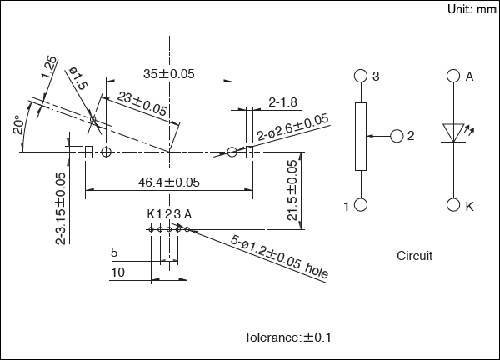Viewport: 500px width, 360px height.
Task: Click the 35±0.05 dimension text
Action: click(x=168, y=74)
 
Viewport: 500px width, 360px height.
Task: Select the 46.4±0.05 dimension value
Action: click(x=168, y=182)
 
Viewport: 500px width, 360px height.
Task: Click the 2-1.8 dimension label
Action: click(x=282, y=102)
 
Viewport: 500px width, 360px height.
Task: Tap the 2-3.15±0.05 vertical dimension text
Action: click(x=60, y=209)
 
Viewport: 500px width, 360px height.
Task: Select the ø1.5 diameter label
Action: click(x=77, y=82)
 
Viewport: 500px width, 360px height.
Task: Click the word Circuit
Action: click(x=414, y=256)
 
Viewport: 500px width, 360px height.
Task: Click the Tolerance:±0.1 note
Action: click(x=287, y=337)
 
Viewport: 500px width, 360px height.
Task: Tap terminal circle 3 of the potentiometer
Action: click(x=361, y=76)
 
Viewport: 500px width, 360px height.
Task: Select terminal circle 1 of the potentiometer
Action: click(x=361, y=205)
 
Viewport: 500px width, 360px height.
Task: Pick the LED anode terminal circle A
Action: click(x=453, y=76)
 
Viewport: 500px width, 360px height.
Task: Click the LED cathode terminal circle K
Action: click(x=453, y=205)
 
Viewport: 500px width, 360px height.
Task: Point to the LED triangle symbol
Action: click(x=453, y=132)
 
